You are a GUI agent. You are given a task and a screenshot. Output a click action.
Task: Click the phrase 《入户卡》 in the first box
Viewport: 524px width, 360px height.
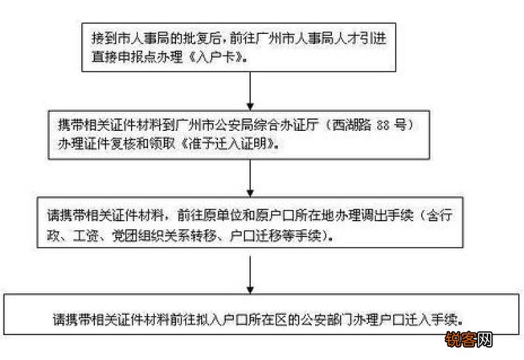(x=226, y=58)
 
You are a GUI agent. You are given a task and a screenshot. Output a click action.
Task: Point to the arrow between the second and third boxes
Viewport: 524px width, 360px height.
(x=251, y=177)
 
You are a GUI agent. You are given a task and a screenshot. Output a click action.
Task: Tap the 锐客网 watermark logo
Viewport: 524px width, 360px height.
(x=468, y=340)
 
